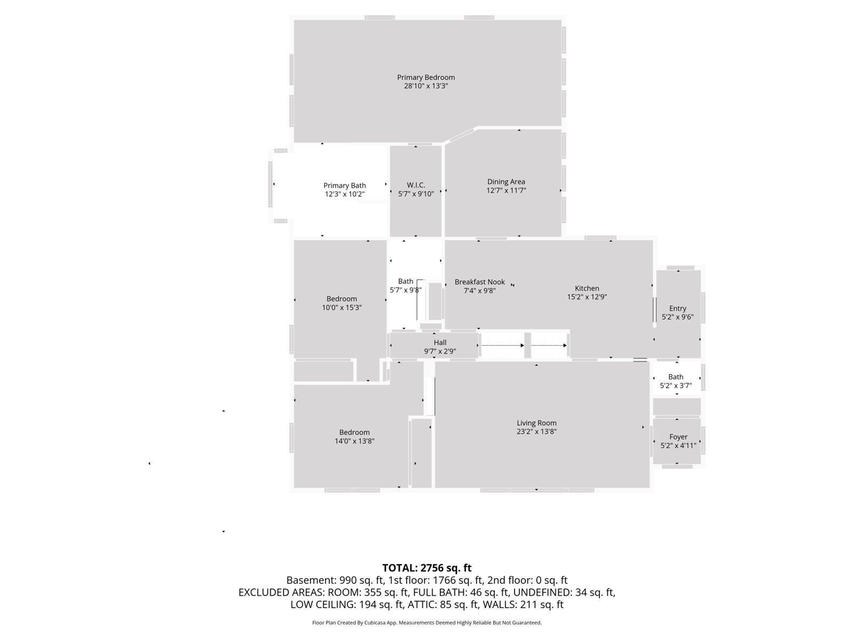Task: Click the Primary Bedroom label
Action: [425, 77]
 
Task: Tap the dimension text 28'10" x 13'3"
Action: [425, 86]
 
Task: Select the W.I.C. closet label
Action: [416, 185]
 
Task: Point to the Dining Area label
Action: [505, 182]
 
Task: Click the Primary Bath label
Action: [344, 186]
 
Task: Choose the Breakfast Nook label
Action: [479, 282]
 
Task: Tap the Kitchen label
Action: [587, 289]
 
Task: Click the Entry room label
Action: [677, 308]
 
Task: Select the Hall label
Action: [440, 342]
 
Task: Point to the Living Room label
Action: [536, 423]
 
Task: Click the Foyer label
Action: [678, 437]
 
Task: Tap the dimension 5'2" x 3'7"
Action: [676, 386]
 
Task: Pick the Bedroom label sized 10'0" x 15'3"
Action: [342, 299]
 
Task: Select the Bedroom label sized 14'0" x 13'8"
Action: [354, 433]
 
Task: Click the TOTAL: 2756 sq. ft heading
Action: [426, 568]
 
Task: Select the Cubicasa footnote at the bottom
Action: [426, 622]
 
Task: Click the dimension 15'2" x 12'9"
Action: [587, 297]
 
